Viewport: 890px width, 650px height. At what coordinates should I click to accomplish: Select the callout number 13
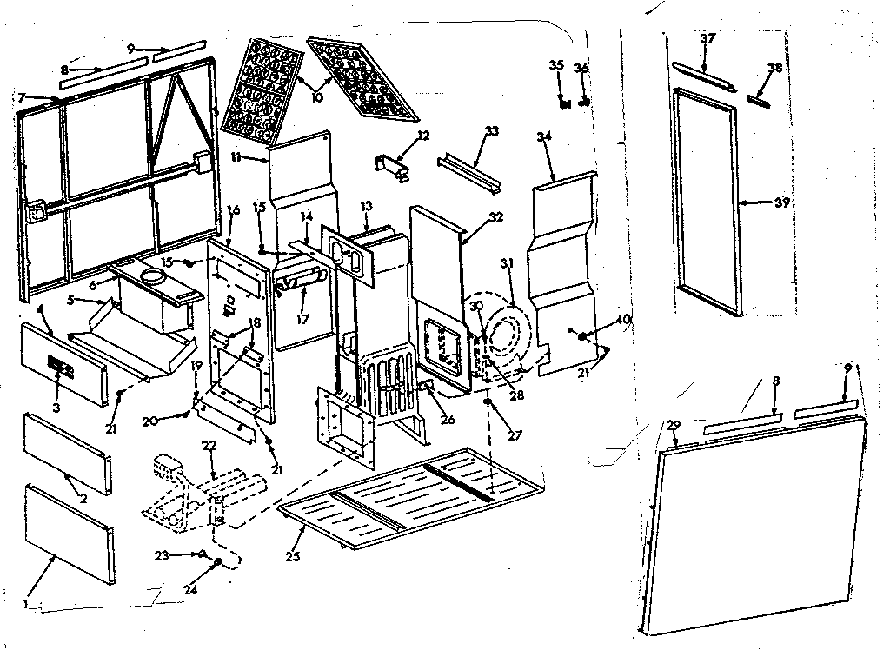366,206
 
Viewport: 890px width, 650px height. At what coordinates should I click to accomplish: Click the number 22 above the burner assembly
209,446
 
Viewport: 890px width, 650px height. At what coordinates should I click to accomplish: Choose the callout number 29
672,424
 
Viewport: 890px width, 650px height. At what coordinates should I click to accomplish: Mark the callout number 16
233,209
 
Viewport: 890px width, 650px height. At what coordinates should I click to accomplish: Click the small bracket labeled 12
394,164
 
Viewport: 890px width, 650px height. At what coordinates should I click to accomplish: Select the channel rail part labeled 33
469,163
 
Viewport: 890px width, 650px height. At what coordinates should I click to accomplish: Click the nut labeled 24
217,563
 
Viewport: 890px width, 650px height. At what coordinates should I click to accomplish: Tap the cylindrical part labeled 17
297,283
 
